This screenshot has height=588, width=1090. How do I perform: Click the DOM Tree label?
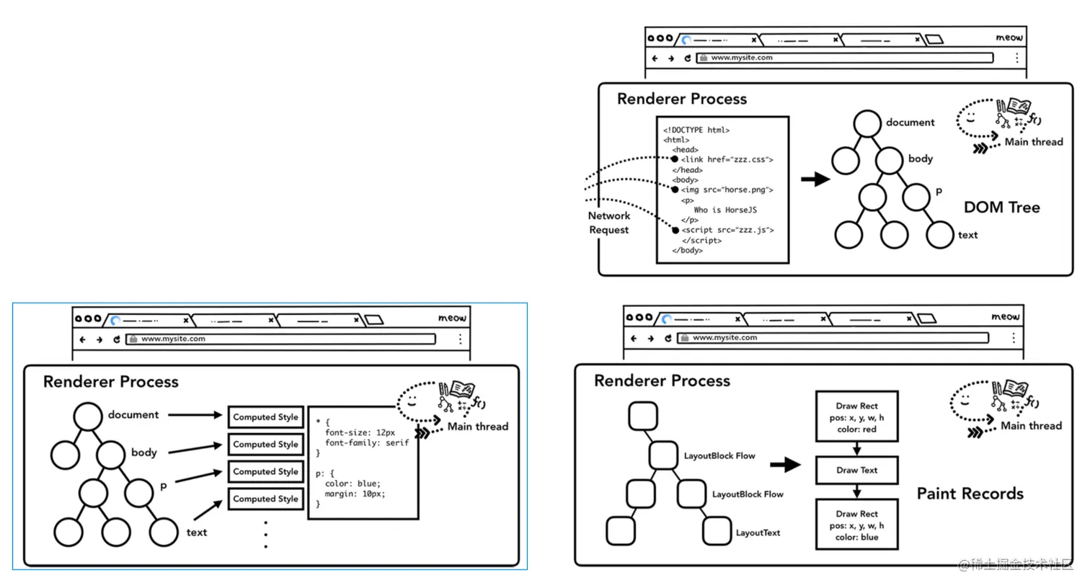(1001, 208)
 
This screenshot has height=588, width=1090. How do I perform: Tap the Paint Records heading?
(970, 494)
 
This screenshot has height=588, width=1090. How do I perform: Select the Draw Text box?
(856, 470)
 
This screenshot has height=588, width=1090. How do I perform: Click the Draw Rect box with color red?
(856, 416)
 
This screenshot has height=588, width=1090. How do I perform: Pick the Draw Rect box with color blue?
(856, 525)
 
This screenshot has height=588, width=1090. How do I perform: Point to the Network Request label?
(608, 223)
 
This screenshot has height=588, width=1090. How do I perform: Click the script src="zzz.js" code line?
(728, 230)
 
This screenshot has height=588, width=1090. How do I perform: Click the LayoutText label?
(758, 533)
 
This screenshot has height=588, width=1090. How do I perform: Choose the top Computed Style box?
(265, 416)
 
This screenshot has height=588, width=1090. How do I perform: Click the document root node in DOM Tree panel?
(867, 123)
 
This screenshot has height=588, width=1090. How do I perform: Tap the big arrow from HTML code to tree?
(815, 179)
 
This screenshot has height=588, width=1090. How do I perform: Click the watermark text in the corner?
(1016, 564)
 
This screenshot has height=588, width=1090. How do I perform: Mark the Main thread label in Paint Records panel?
(1031, 426)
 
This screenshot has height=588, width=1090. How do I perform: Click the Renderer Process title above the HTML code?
(681, 99)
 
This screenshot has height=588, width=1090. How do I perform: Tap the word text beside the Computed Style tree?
(196, 533)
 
